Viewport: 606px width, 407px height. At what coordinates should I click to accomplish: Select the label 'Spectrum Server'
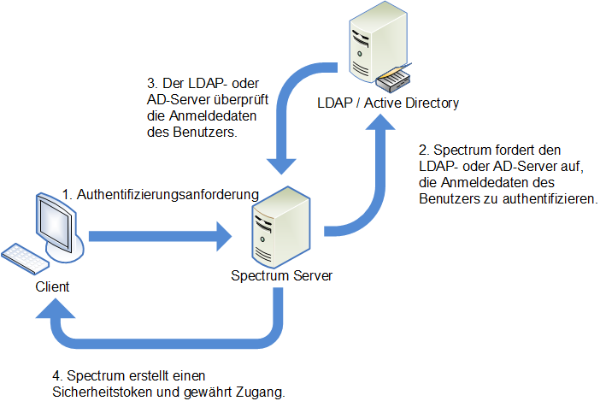(x=281, y=276)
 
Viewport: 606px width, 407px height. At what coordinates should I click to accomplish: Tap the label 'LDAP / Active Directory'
(x=388, y=103)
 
